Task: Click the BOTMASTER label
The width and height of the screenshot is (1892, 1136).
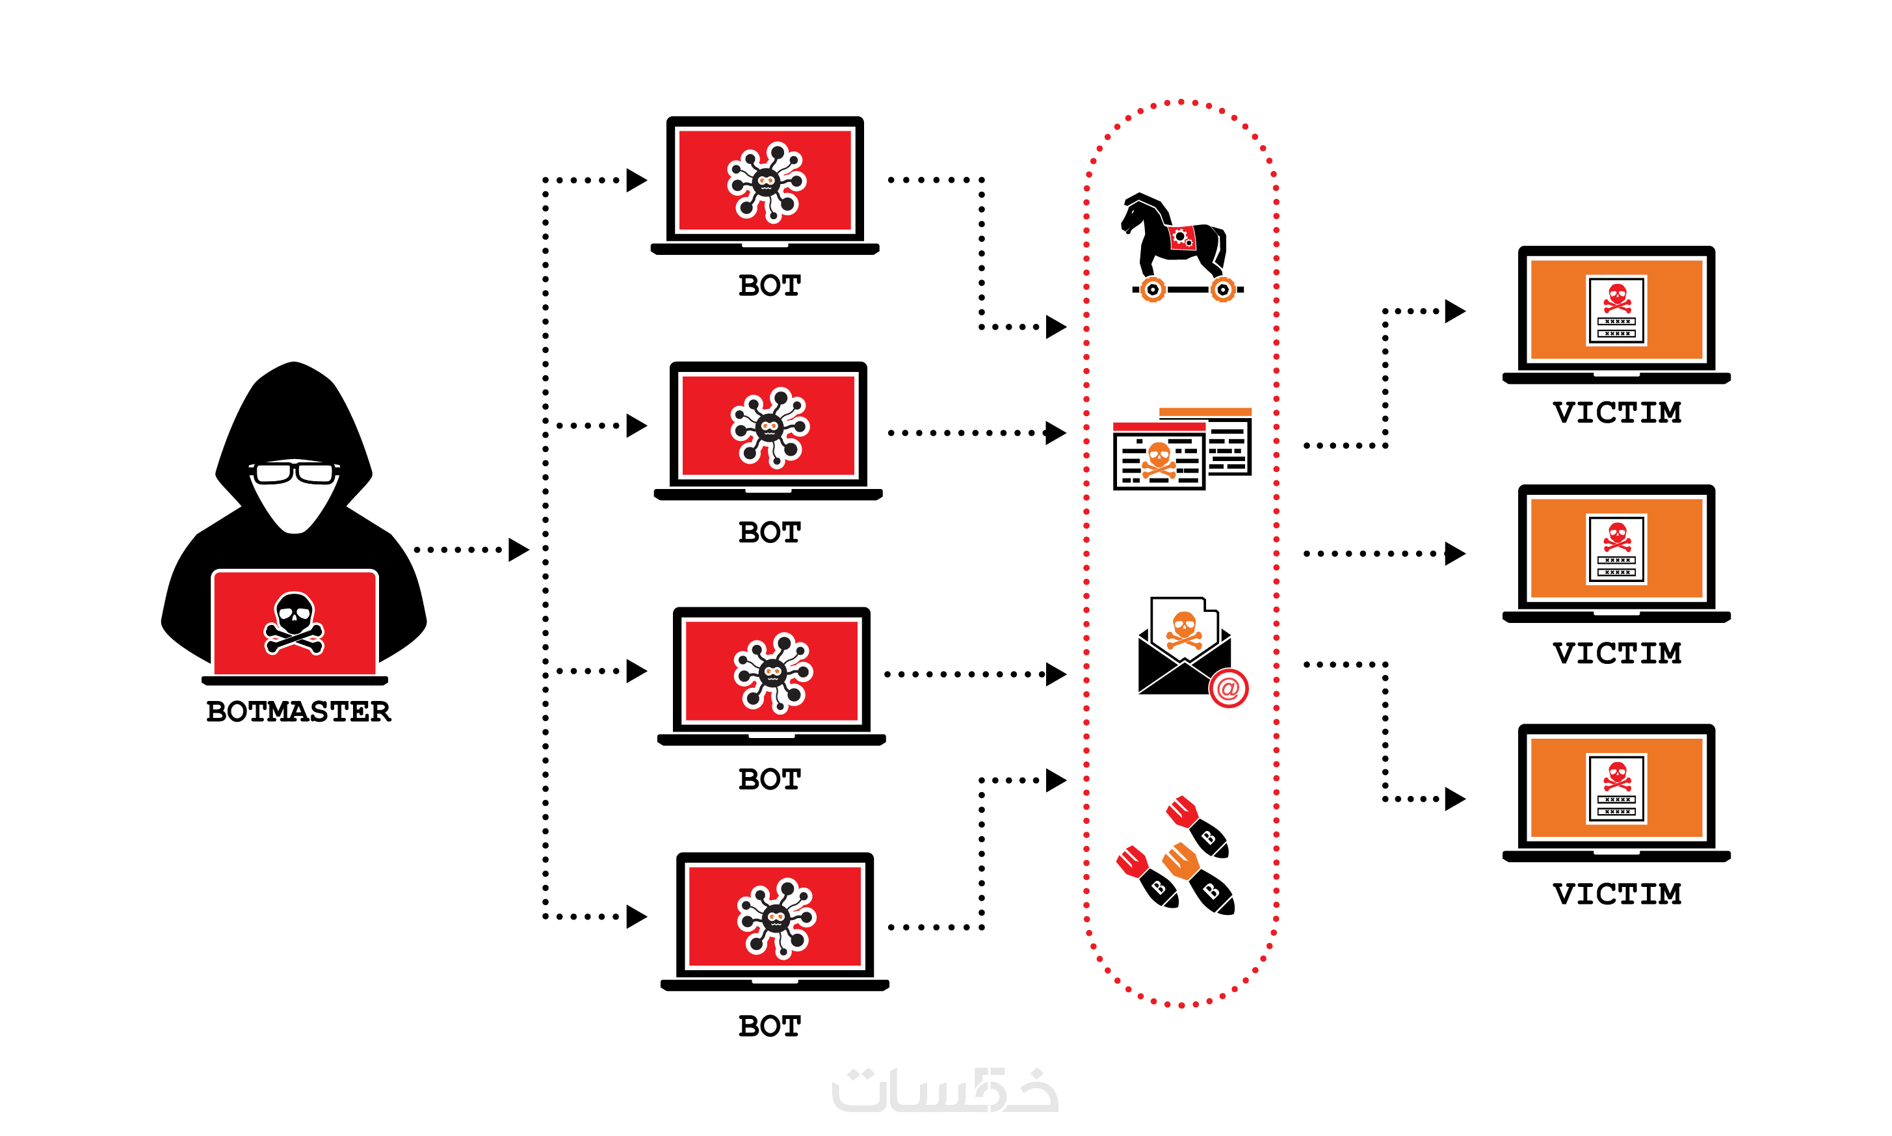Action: [x=298, y=711]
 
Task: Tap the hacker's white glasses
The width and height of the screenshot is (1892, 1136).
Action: [x=294, y=473]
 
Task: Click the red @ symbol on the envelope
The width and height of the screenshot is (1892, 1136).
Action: [x=1228, y=688]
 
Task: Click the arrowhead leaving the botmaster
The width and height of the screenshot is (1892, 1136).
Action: [x=518, y=549]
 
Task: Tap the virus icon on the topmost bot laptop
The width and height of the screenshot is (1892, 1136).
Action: [x=766, y=181]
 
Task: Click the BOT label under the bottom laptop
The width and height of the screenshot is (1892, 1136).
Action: [x=769, y=1025]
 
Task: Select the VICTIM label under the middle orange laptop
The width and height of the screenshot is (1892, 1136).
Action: [x=1616, y=653]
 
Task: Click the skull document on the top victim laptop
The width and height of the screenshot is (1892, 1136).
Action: [x=1616, y=310]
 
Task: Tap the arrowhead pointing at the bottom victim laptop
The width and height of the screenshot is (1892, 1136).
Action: [x=1454, y=799]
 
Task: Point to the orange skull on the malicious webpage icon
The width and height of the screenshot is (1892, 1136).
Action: [x=1159, y=457]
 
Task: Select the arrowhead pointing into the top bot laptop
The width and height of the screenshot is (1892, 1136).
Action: [x=636, y=181]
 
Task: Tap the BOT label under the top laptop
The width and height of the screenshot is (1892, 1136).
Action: [x=769, y=285]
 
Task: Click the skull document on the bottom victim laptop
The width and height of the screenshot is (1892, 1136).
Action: [x=1616, y=789]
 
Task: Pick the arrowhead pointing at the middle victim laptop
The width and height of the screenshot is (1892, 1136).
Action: [x=1454, y=553]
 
